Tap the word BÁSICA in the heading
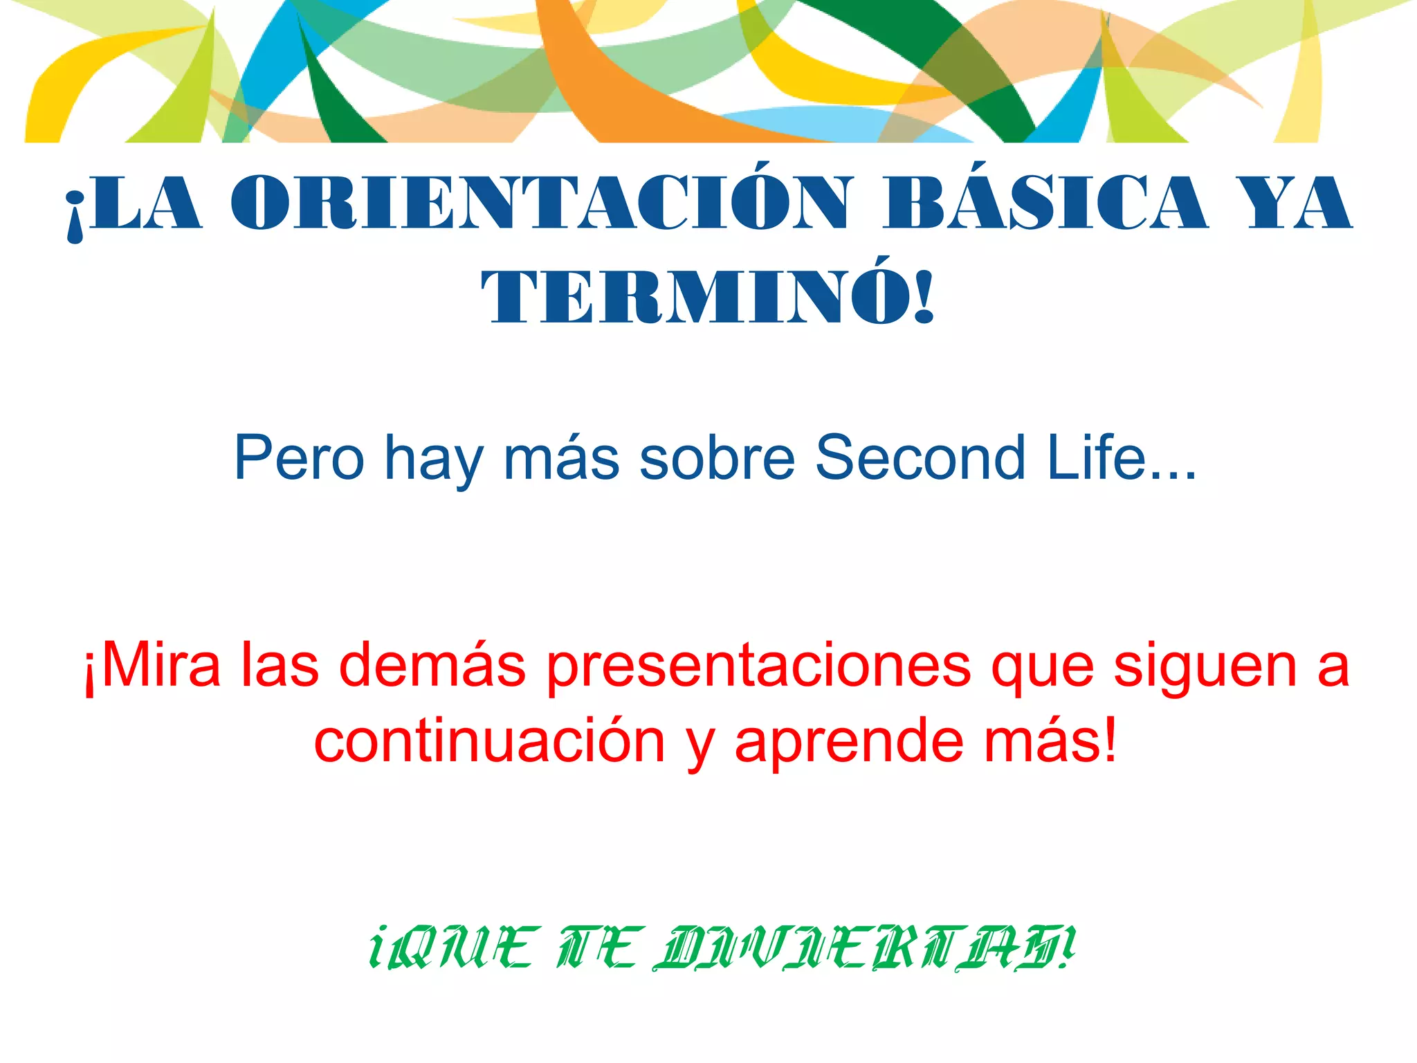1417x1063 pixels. coord(1045,202)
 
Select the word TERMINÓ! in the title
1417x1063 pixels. coord(708,298)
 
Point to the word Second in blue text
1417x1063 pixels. coord(920,458)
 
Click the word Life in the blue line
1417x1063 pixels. coord(1100,458)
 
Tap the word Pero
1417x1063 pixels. coord(299,458)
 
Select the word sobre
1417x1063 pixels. coord(717,458)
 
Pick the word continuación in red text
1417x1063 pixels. coord(489,742)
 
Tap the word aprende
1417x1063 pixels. coord(850,742)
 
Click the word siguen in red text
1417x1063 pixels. coord(1205,667)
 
